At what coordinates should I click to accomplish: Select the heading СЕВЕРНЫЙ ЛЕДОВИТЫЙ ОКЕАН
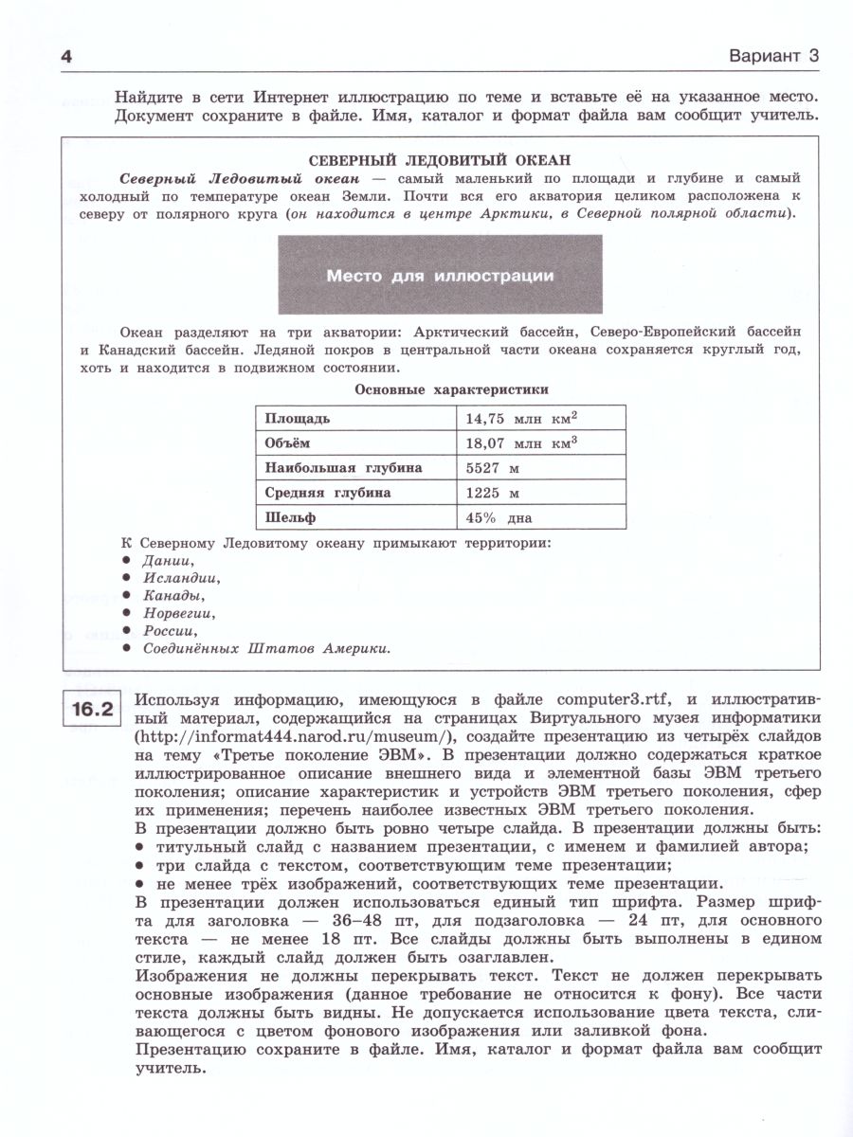click(442, 160)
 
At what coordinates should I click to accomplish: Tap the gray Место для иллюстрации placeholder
click(440, 277)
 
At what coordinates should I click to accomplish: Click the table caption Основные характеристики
click(451, 389)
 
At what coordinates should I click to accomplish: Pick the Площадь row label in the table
click(298, 418)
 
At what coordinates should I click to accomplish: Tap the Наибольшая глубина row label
click(343, 468)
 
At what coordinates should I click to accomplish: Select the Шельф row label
click(290, 518)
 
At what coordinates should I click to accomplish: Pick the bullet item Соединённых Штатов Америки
click(267, 649)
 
